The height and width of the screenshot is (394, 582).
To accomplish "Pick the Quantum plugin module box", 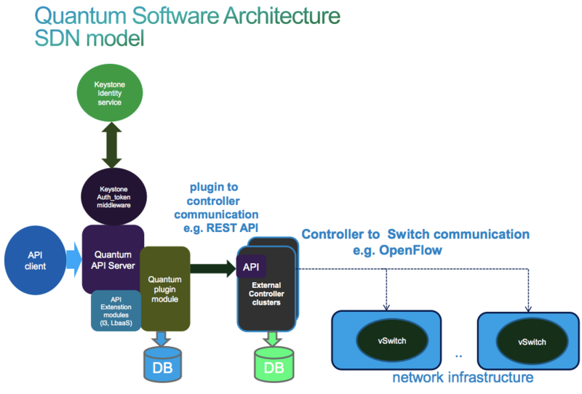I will [x=164, y=287].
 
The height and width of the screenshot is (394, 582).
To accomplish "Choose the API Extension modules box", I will [x=115, y=310].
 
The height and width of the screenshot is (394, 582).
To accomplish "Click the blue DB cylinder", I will [x=164, y=366].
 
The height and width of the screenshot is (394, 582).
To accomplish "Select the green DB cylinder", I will [x=274, y=366].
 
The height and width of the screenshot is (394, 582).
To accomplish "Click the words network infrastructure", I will [x=463, y=377].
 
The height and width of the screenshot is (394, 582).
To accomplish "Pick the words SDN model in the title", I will [x=89, y=38].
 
